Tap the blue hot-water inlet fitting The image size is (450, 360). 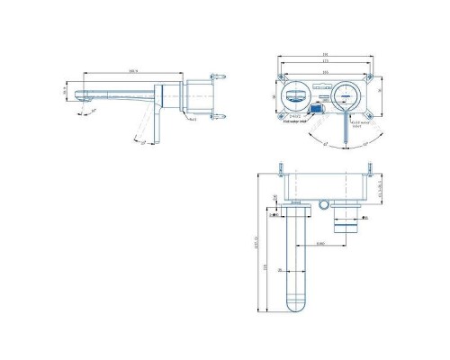click(x=316, y=108)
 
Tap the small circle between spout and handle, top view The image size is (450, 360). click(x=322, y=205)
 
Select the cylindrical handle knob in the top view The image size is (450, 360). click(x=344, y=225)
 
